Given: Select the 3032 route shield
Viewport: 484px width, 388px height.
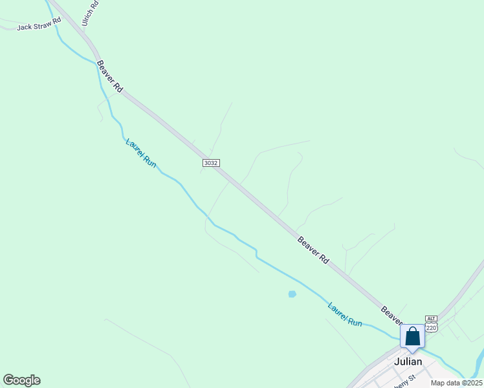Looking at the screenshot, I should pos(210,163).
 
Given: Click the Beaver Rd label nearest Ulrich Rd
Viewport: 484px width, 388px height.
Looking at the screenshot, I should pos(109,76).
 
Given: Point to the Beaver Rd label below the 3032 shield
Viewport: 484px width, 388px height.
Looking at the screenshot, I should pos(313,250).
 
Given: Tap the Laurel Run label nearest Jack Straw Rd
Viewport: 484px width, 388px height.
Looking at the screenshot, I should pos(141,153).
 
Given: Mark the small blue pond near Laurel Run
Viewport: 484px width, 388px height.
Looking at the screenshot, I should pos(292,294).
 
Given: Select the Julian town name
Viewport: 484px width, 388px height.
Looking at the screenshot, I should pos(408,361).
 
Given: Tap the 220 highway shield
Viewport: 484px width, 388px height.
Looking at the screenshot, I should pos(432,328).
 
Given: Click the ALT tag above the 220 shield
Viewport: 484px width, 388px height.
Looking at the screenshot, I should pos(432,319).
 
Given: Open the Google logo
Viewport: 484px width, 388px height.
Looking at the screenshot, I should pos(21,380).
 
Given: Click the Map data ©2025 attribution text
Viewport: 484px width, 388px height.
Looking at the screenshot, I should pos(456,383).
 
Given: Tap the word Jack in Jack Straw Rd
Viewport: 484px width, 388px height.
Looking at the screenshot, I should pos(24,27).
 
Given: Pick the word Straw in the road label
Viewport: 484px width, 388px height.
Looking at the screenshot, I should pos(41,25).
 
